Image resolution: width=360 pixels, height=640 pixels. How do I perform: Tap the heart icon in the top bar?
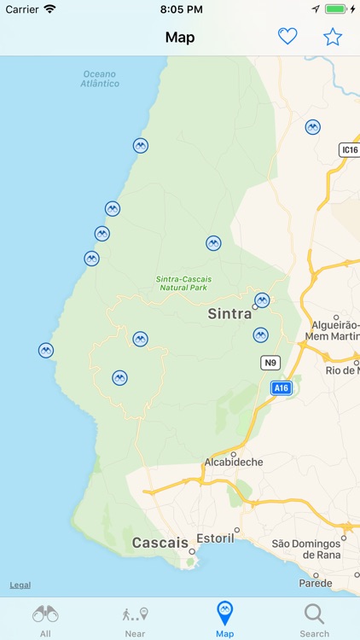[287, 37]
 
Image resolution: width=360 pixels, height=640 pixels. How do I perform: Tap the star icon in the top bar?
[332, 37]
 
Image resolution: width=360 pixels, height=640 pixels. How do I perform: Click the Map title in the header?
[180, 38]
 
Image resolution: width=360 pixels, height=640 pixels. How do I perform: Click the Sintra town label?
[229, 314]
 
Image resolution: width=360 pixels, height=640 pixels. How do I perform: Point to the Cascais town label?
[160, 543]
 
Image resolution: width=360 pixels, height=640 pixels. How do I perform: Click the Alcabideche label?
[233, 462]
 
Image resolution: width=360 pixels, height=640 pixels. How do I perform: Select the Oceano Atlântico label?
[100, 79]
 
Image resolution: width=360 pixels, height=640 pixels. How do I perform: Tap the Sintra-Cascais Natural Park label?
[184, 283]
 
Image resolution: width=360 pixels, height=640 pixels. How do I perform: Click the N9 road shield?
[270, 363]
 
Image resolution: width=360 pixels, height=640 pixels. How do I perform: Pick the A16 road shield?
[281, 388]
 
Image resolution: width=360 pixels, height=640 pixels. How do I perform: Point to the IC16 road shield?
[349, 150]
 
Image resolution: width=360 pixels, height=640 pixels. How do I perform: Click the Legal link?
[20, 585]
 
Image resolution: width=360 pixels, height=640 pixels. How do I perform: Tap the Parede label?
[316, 585]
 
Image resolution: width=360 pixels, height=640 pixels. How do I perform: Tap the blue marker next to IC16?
[313, 127]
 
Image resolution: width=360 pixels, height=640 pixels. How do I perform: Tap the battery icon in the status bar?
[336, 9]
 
